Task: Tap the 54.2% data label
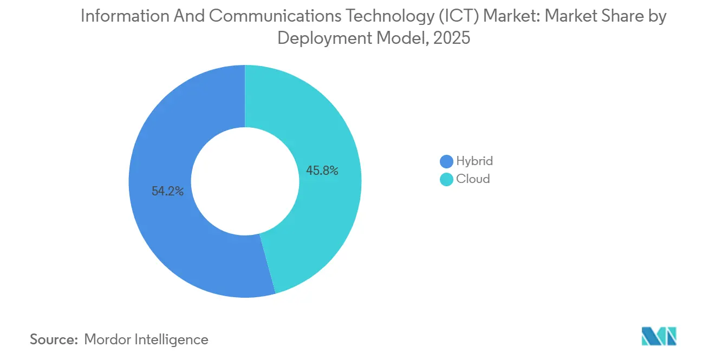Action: [167, 191]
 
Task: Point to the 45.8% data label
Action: [322, 171]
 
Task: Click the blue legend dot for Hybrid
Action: [446, 161]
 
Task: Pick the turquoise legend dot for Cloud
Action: [446, 179]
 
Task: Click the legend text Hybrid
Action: [474, 161]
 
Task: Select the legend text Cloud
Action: [473, 179]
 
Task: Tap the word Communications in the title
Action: [275, 16]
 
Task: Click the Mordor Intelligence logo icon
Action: [659, 337]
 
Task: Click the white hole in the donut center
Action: [245, 181]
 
